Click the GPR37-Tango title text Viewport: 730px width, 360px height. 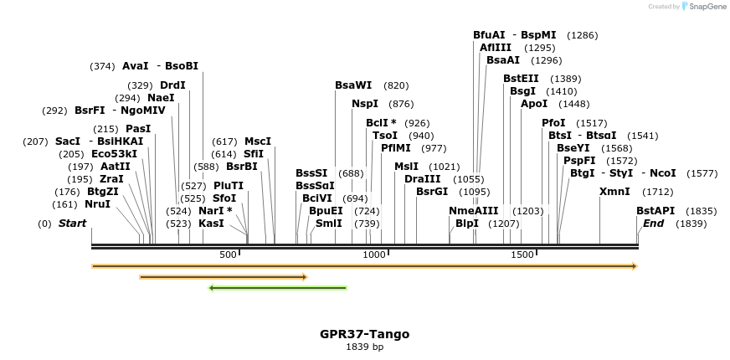364,334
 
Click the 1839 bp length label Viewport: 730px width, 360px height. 364,347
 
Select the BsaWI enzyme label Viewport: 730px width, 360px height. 353,85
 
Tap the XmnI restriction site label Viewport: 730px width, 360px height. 614,192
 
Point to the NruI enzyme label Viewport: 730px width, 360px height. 97,204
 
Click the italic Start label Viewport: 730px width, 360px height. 72,224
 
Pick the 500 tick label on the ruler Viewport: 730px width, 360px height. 228,255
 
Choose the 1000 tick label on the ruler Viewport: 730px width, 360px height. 375,255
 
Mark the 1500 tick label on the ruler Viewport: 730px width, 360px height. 522,255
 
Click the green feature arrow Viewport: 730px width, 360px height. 277,288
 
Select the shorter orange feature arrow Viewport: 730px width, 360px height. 224,277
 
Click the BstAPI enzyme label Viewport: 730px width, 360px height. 655,211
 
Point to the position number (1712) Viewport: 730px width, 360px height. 658,192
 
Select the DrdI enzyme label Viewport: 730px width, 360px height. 172,85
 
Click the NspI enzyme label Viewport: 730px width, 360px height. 365,104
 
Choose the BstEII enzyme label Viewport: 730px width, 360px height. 522,79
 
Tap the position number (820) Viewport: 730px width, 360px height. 396,85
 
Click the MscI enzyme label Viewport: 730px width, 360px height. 258,141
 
